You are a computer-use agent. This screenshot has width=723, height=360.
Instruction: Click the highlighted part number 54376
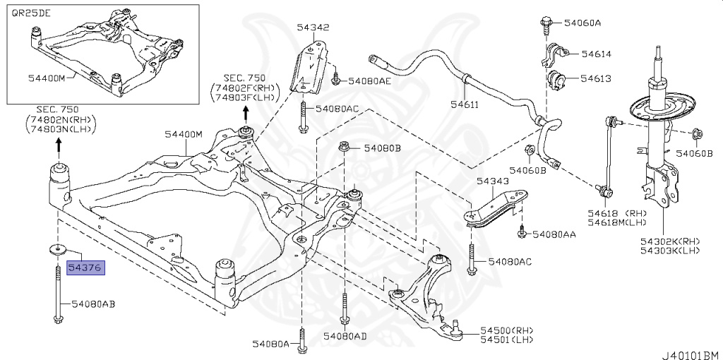[x=85, y=268]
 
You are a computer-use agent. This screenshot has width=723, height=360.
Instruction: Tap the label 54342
[x=313, y=29]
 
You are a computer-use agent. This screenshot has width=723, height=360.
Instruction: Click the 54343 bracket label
[x=492, y=181]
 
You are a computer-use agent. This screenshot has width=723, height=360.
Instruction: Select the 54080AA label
[x=554, y=234]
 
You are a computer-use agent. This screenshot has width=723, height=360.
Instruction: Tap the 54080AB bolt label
[x=92, y=304]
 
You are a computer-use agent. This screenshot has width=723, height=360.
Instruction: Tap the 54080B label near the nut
[x=382, y=149]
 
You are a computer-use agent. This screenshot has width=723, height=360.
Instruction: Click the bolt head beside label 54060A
[x=547, y=21]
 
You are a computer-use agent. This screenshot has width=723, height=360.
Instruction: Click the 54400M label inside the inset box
[x=47, y=78]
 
